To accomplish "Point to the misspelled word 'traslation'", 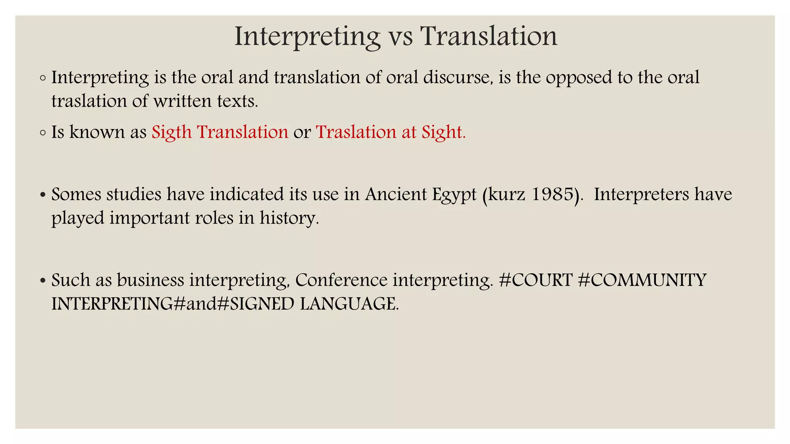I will [x=89, y=101].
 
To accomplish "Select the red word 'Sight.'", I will [x=443, y=132].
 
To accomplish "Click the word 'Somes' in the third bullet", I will [x=76, y=194].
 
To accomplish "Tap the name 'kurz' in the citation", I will [x=506, y=194].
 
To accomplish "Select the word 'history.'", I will [x=289, y=218].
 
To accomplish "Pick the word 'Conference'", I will [x=341, y=280].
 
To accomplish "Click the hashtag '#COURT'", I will [x=535, y=280].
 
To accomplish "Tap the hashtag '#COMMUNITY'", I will [x=642, y=280].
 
